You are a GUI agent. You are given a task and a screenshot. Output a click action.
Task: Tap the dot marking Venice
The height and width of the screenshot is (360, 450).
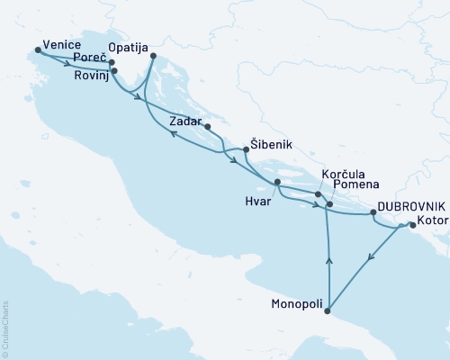37,50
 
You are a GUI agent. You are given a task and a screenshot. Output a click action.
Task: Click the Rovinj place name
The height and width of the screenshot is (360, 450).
89,76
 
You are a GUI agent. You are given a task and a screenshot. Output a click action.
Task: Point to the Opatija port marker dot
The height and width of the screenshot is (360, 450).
153,56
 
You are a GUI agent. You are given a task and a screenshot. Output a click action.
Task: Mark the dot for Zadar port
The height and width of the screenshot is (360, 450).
207,127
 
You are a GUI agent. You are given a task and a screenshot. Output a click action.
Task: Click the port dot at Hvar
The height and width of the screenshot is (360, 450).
276,183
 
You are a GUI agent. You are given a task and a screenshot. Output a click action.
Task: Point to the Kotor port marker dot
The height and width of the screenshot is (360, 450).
412,226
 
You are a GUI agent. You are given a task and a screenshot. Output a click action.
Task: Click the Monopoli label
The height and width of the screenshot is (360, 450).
297,305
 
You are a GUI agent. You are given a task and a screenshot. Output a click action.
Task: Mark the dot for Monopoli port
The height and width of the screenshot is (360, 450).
328,312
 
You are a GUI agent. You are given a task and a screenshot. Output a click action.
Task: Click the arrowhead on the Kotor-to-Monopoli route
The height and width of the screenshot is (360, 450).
371,258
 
